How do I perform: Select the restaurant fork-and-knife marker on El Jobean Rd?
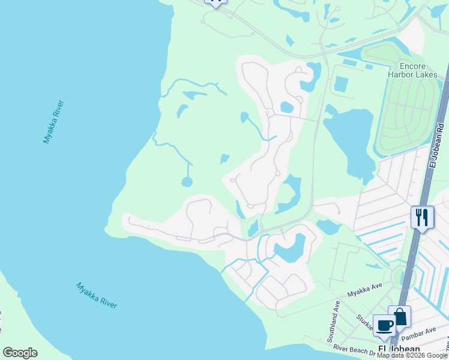click(x=423, y=217)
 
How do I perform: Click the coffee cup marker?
click(x=384, y=326)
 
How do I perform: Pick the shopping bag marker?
click(x=399, y=317)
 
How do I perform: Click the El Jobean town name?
click(x=399, y=350)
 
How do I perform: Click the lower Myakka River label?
click(x=97, y=295)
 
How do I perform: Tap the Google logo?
click(x=20, y=353)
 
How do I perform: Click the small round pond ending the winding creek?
click(x=187, y=182)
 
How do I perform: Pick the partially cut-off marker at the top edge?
click(x=215, y=2)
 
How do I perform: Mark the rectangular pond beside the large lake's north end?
click(x=340, y=84)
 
